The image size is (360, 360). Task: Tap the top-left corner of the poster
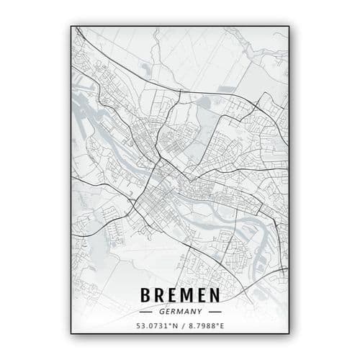point(71,27)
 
